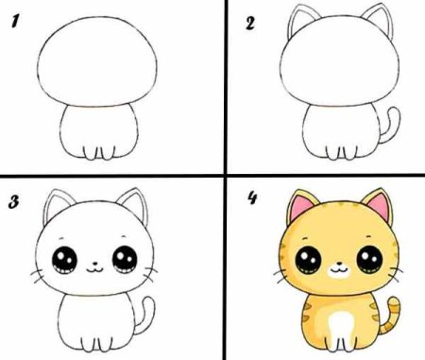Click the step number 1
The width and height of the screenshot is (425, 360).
[x=15, y=22]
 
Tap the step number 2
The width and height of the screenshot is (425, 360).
[x=249, y=24]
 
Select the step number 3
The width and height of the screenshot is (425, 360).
[x=13, y=202]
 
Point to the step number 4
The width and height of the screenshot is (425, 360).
[x=252, y=198]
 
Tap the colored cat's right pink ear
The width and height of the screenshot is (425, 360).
[x=380, y=205]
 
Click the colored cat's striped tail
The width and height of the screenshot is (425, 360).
[x=390, y=315]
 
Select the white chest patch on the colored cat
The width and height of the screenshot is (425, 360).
[x=338, y=328]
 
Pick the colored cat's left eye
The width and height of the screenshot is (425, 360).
[x=308, y=260]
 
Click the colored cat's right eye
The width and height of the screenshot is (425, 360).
[x=369, y=259]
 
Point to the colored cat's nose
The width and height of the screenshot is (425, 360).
[x=339, y=263]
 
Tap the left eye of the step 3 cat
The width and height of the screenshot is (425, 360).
[x=64, y=261]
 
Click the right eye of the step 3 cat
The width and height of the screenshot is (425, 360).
[x=125, y=260]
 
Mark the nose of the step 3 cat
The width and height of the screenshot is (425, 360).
[x=94, y=263]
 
